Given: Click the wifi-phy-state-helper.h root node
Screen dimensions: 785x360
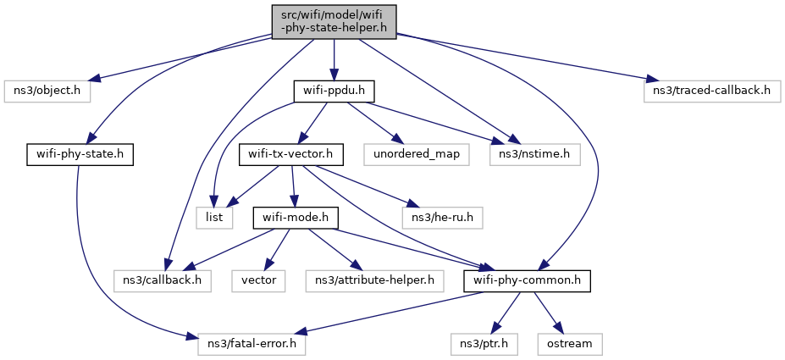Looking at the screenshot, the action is pyautogui.click(x=334, y=22).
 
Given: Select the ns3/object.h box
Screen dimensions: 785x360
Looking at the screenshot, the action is pyautogui.click(x=47, y=92).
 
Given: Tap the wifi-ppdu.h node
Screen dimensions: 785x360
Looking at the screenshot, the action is pyautogui.click(x=334, y=92).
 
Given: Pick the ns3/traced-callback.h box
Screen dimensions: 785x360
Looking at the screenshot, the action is pyautogui.click(x=712, y=92).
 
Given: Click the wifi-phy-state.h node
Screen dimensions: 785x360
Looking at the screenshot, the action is pyautogui.click(x=80, y=155).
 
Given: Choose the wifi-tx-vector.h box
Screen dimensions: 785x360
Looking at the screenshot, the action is pyautogui.click(x=290, y=155).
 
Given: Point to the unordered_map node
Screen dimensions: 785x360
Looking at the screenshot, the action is pyautogui.click(x=417, y=155).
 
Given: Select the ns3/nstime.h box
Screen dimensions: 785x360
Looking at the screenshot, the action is pyautogui.click(x=535, y=155).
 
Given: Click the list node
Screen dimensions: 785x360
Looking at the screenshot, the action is pyautogui.click(x=214, y=219).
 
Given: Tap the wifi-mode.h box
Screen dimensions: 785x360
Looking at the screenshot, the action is pyautogui.click(x=296, y=219).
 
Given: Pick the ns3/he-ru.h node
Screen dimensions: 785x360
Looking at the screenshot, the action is pyautogui.click(x=443, y=219).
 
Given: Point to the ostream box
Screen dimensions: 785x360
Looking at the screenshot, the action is pyautogui.click(x=570, y=344).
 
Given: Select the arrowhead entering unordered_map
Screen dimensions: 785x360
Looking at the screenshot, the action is pyautogui.click(x=395, y=141).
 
